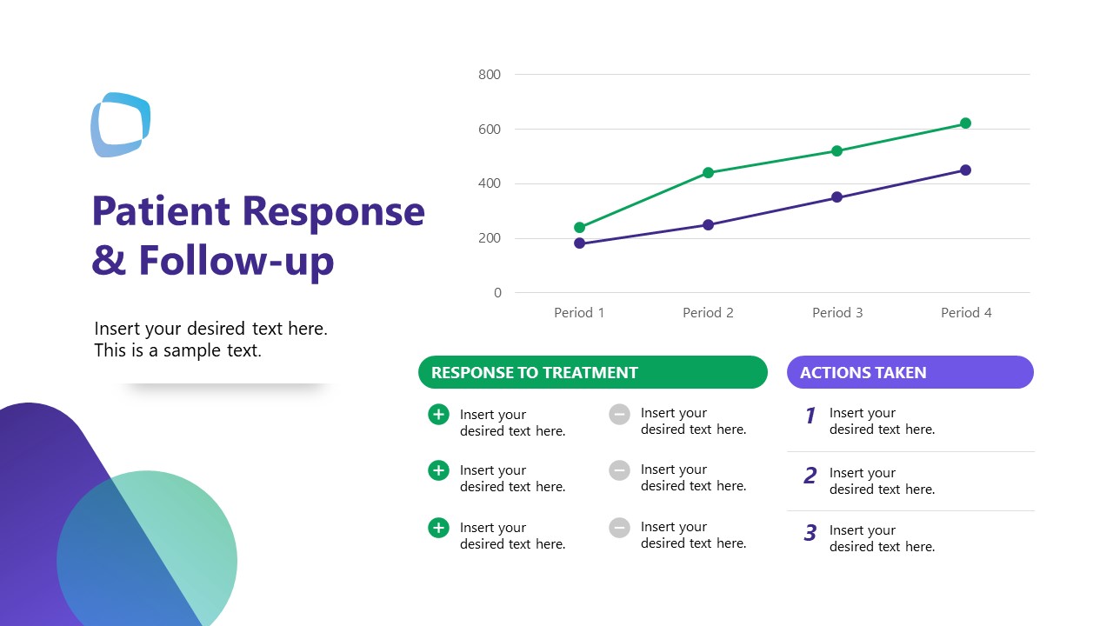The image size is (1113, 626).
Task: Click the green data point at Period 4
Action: (965, 123)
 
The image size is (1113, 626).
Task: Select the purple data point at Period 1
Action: (580, 243)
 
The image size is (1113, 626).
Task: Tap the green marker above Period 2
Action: (708, 172)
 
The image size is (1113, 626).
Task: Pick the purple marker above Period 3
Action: (836, 197)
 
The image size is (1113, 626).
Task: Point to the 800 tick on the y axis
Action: (490, 75)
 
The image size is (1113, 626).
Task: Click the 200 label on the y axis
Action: (490, 238)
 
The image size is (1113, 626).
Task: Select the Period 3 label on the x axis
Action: (836, 313)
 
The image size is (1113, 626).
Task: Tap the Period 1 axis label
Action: (579, 313)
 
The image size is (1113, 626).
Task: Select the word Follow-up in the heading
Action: (236, 260)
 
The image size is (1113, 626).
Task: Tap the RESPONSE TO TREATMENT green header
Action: (592, 372)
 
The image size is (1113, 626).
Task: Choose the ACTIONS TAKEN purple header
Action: (910, 372)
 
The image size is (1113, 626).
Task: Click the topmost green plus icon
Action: (438, 415)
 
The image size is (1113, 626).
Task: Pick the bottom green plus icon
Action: (438, 528)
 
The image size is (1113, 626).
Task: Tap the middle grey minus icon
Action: (619, 470)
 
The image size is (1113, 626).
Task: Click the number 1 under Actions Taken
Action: (810, 416)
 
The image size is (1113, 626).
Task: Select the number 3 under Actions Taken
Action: (810, 533)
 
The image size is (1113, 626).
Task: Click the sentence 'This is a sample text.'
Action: (177, 351)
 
